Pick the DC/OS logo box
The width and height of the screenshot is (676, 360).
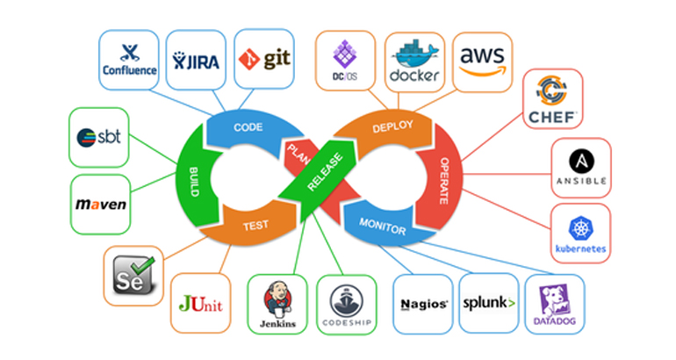click(344, 60)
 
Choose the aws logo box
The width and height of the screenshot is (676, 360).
click(482, 60)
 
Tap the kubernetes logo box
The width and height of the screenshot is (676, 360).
click(580, 234)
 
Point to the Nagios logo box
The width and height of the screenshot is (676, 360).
click(424, 304)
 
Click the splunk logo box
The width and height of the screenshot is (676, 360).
click(488, 304)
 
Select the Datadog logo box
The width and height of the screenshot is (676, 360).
click(554, 304)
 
